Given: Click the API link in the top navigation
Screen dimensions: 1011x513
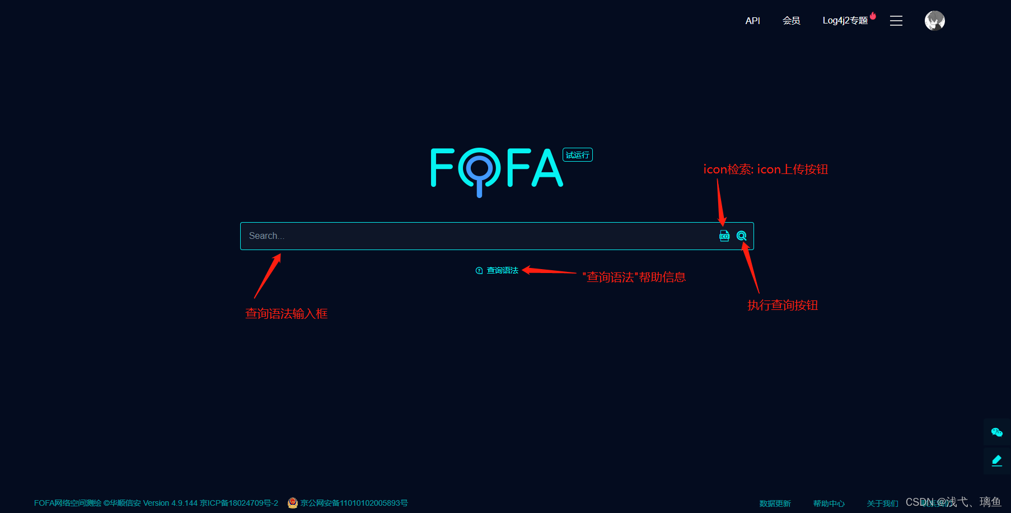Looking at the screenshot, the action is [x=752, y=21].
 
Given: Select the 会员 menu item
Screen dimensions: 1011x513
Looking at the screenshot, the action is [x=791, y=21].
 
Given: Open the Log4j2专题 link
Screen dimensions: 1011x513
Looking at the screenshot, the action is [x=845, y=21].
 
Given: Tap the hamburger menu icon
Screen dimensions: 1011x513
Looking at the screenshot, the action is [x=896, y=21].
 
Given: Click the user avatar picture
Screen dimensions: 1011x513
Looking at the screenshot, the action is [x=934, y=21].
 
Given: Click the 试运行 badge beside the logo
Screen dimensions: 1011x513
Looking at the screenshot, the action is [x=577, y=155].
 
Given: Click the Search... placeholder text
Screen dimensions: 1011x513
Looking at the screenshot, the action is [x=266, y=236].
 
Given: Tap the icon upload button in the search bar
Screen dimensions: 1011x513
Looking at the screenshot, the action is [x=724, y=236].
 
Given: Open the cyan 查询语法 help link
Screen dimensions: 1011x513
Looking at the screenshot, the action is [x=502, y=271].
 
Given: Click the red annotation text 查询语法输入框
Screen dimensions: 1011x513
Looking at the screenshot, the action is [x=286, y=314].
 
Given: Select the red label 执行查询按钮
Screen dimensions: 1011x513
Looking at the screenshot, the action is [x=782, y=305].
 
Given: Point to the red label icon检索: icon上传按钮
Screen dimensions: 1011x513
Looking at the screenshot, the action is [x=765, y=170].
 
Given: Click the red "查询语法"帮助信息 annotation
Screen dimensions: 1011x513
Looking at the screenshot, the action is [x=634, y=277].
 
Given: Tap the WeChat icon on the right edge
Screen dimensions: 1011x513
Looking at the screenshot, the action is [x=996, y=432].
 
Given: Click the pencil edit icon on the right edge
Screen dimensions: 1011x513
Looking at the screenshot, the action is [x=996, y=460].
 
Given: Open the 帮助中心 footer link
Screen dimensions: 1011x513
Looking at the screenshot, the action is [x=829, y=503].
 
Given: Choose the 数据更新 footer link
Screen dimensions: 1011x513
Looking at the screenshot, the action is [x=775, y=503].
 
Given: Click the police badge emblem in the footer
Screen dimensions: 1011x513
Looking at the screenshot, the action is [x=293, y=503].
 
